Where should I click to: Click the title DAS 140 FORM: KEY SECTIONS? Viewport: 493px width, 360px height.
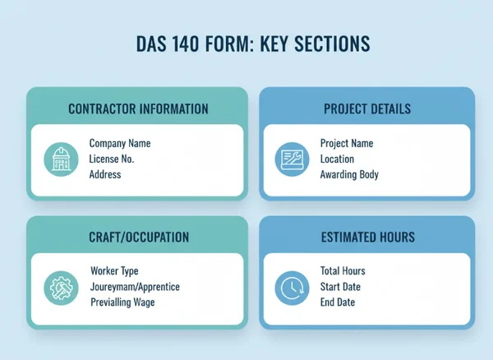point(246,44)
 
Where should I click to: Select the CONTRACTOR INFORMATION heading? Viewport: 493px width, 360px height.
point(137,108)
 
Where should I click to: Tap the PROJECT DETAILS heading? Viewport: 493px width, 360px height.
point(367,108)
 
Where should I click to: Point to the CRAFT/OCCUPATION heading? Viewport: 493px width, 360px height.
point(139,238)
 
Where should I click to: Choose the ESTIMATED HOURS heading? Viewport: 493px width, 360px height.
point(367,238)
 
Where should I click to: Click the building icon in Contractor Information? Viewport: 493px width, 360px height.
point(60,159)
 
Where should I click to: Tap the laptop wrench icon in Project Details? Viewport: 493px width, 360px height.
point(291,159)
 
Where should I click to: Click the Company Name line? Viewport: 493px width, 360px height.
point(119,144)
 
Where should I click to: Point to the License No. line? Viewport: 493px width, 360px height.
point(111,159)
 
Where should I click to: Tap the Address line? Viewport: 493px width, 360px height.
point(105,174)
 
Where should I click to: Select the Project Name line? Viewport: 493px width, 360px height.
point(347,144)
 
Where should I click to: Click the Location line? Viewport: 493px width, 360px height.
point(338,159)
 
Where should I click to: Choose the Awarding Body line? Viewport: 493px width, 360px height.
point(350,174)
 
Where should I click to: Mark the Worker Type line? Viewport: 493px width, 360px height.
point(114,271)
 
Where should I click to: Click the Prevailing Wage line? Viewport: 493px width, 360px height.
point(123,302)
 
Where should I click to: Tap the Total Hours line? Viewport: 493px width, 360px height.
point(343,271)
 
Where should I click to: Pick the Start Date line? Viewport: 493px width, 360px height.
point(341,287)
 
